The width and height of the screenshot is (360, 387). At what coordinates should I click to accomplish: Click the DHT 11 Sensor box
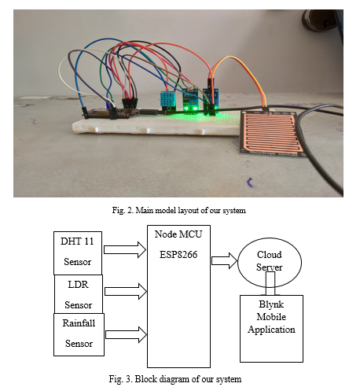(x=78, y=253)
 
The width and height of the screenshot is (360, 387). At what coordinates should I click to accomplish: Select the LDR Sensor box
(x=79, y=294)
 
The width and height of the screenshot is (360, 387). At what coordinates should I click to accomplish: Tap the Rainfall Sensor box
(x=79, y=334)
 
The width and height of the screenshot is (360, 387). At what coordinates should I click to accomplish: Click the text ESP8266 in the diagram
(x=178, y=255)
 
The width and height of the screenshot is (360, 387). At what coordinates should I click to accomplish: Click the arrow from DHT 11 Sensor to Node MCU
(x=125, y=249)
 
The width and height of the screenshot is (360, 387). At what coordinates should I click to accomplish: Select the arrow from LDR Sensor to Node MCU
(x=126, y=291)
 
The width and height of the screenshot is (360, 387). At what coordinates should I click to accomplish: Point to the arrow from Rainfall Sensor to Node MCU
(x=126, y=334)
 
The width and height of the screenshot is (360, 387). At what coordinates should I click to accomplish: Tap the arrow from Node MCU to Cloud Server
(x=225, y=260)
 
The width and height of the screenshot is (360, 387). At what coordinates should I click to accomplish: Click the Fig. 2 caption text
(x=179, y=210)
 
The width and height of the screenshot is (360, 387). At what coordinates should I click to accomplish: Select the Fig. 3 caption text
(x=175, y=379)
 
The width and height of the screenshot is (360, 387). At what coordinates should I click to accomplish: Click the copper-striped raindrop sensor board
(x=272, y=134)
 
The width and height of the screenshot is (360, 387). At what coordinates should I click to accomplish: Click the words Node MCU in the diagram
(x=178, y=234)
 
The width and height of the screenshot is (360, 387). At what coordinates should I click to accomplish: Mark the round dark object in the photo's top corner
(x=320, y=20)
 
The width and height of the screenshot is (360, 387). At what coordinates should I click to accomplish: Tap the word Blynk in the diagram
(x=271, y=304)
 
